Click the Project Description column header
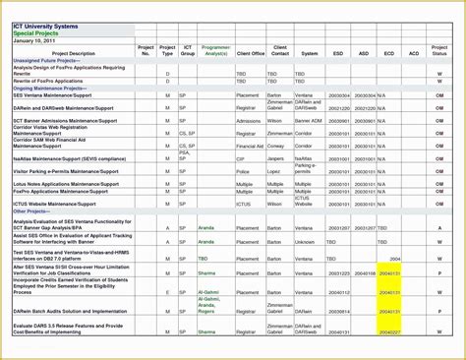74,53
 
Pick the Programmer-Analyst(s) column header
216,50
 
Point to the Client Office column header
251,53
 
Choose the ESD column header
338,53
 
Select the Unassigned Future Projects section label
49,60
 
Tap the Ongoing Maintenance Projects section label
51,88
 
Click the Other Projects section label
30,211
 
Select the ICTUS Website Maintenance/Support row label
54,204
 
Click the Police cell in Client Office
243,171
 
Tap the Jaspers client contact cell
276,157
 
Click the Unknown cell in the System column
306,241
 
